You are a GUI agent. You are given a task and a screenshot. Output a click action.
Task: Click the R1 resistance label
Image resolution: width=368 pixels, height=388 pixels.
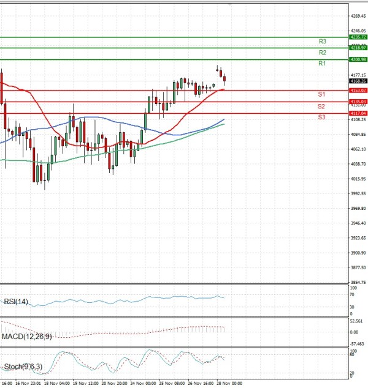[x=322, y=64]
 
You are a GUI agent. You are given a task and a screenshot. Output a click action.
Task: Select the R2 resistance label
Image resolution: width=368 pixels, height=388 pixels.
[x=322, y=53]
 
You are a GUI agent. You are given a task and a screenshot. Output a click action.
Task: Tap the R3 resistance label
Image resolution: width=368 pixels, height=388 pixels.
[x=322, y=42]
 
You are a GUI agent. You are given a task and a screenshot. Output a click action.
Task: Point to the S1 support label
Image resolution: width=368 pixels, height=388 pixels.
[x=321, y=94]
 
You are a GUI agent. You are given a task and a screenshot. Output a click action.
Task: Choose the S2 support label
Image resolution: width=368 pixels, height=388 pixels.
[x=321, y=106]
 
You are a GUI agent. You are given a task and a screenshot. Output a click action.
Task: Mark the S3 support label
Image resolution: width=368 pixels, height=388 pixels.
[x=321, y=117]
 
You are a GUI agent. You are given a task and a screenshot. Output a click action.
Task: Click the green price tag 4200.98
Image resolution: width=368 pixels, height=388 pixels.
[x=358, y=59]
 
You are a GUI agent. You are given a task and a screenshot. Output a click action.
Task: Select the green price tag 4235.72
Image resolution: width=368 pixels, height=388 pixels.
[x=358, y=37]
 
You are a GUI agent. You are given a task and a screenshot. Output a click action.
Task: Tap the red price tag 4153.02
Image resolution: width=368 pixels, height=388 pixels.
[x=358, y=91]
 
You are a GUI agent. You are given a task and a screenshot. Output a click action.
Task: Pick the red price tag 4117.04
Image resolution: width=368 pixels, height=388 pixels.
[x=358, y=113]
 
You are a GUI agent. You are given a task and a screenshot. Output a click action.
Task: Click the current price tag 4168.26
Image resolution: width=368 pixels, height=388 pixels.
[x=358, y=81]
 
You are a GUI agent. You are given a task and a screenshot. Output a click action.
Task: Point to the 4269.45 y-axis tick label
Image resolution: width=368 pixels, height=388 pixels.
[x=358, y=17]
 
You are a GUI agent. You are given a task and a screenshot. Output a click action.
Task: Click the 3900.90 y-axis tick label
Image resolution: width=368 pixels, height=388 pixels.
[x=358, y=253]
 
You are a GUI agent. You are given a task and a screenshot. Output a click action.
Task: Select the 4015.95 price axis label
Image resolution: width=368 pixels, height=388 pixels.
[x=358, y=179]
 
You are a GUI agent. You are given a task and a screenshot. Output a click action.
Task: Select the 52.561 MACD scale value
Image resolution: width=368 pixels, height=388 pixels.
[x=357, y=321]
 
